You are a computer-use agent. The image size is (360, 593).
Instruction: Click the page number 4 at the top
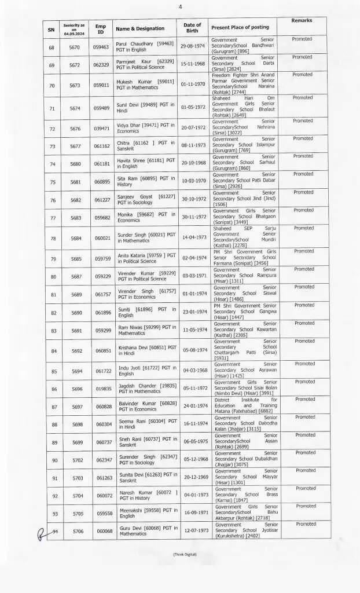coord(180,6)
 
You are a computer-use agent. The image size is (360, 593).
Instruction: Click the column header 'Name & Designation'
coord(139,28)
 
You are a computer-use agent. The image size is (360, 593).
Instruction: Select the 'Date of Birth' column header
coord(192,28)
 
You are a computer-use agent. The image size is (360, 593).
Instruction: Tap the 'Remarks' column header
coord(302,21)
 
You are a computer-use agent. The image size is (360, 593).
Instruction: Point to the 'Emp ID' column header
coord(101,28)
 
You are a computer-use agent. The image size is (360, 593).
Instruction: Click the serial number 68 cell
coord(52,46)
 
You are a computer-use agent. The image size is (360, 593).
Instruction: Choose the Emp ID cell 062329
coord(102,65)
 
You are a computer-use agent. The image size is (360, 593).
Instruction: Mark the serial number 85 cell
coord(52,371)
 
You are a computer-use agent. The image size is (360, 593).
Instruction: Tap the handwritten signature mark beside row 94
coord(42,532)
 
